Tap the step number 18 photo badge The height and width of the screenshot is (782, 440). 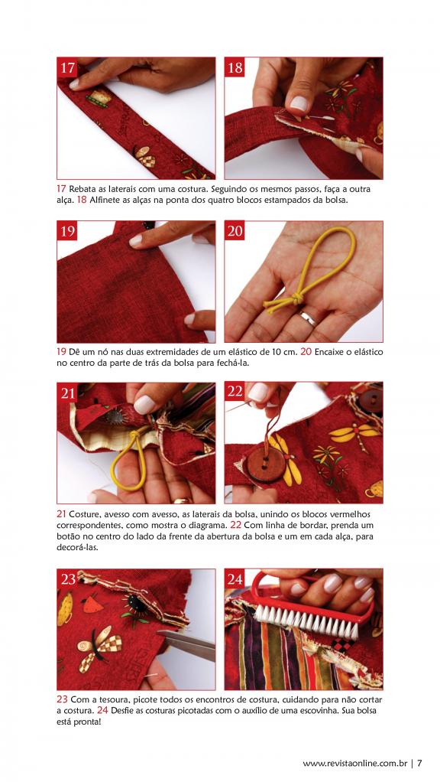235,67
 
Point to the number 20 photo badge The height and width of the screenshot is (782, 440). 235,231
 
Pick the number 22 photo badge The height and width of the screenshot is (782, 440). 235,393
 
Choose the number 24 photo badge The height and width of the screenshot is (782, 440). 235,579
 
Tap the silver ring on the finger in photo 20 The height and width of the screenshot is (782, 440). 308,318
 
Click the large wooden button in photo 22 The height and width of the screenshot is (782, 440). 267,464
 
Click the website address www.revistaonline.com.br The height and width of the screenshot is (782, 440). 355,763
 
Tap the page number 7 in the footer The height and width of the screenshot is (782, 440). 419,763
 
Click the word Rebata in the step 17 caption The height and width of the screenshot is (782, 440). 82,190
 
